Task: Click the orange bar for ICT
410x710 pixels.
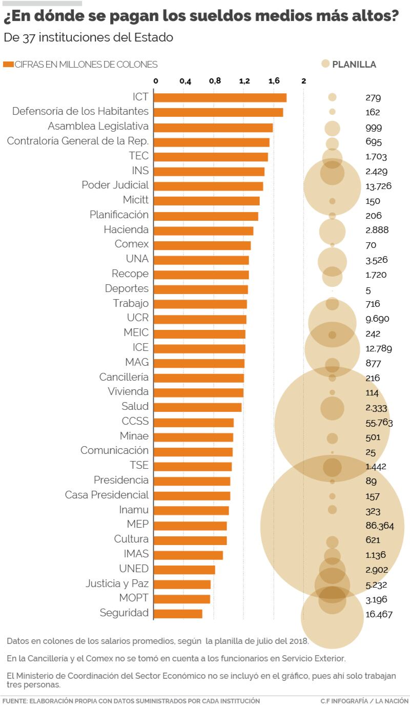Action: tap(220, 97)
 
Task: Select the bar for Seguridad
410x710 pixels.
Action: tap(178, 614)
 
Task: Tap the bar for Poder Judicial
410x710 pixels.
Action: tap(208, 186)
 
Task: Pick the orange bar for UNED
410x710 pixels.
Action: tap(184, 570)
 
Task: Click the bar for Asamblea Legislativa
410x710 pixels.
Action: tap(213, 127)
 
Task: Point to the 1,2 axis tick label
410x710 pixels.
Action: tap(244, 81)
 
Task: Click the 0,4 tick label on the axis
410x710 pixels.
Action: tap(185, 81)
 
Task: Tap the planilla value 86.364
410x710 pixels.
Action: tap(380, 526)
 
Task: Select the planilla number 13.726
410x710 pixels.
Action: tap(378, 186)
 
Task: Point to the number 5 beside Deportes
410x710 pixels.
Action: tap(368, 290)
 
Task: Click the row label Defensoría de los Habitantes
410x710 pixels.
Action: tap(80, 111)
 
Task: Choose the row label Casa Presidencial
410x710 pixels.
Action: tap(107, 495)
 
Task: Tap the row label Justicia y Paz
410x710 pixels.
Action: tap(117, 583)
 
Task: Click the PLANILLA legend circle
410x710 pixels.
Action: tap(325, 64)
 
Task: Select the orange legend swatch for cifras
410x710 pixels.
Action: tap(8, 65)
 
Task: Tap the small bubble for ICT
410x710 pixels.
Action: tap(332, 97)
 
